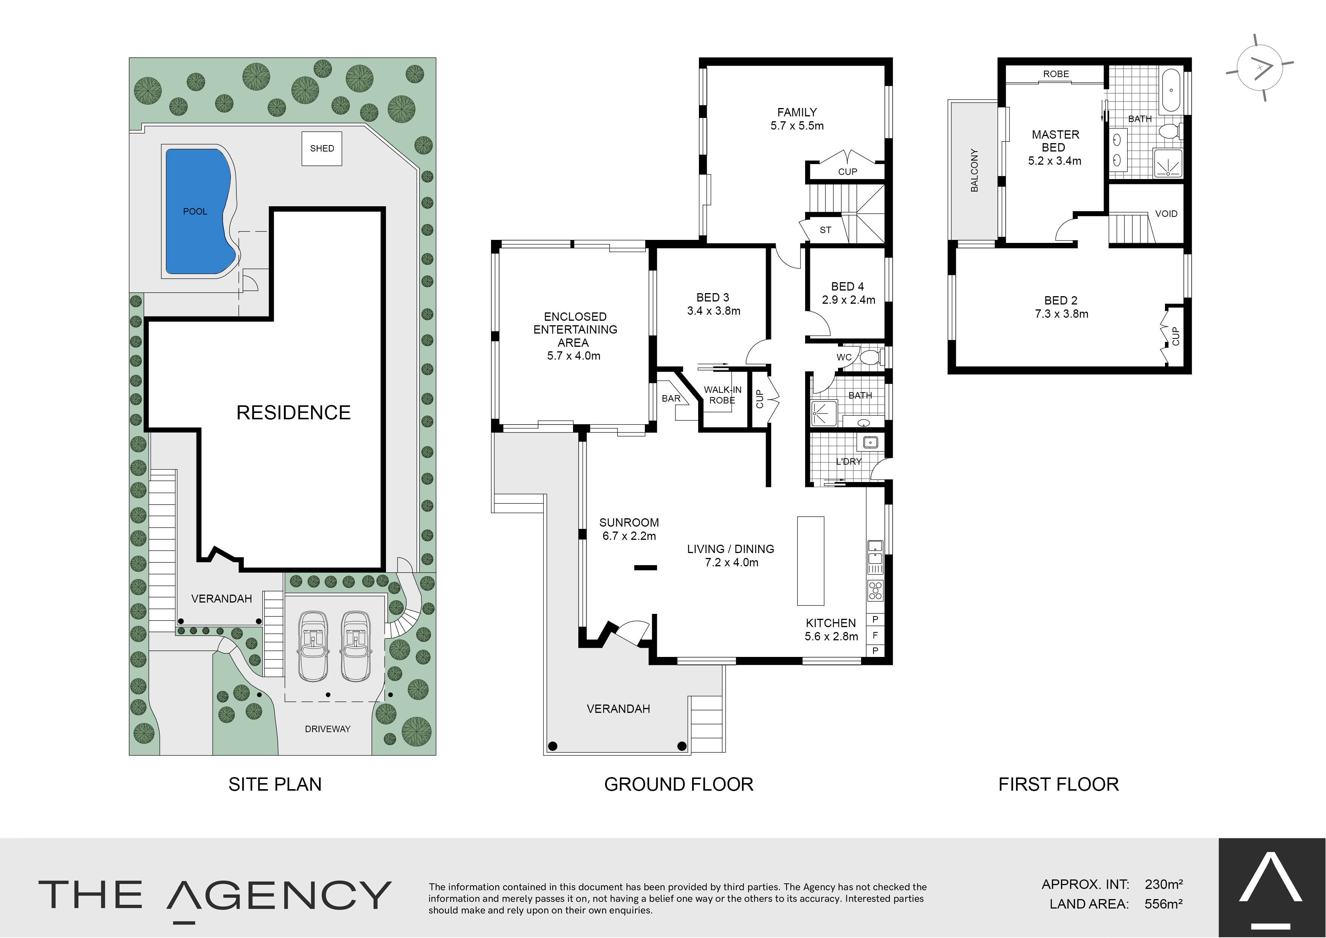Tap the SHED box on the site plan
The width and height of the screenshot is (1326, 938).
pos(322,148)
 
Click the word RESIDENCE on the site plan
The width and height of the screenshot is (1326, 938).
pos(293,413)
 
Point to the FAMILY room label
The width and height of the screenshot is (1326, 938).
pos(797,113)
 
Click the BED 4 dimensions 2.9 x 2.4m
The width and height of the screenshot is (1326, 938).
pos(848,300)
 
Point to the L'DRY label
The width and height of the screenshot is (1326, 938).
pos(849,462)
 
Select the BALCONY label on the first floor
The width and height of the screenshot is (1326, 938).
pos(975,170)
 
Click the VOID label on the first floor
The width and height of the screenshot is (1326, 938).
pos(1166,214)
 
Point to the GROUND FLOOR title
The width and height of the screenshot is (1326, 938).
pos(679,784)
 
